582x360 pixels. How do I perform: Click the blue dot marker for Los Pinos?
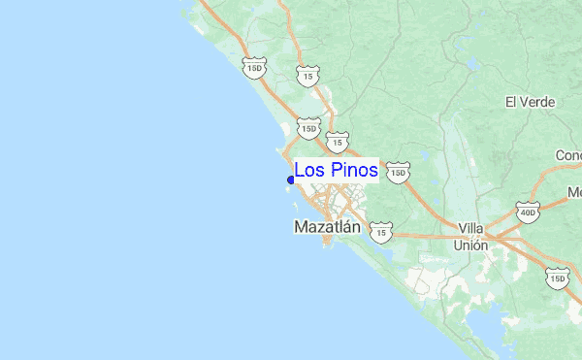(291, 179)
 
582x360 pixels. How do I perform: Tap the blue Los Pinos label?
(336, 171)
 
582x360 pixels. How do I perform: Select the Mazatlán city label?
(327, 227)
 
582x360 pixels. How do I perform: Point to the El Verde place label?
(530, 102)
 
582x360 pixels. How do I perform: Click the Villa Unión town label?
(471, 237)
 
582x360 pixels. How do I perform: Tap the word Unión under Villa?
(471, 245)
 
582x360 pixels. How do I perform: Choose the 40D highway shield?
(528, 212)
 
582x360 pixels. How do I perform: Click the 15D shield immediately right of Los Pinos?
(397, 173)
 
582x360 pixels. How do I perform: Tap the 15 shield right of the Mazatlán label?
(383, 233)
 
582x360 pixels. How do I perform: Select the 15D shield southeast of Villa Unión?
(558, 278)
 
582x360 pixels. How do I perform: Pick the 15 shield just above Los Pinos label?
(337, 142)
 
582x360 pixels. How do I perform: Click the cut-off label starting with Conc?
(567, 155)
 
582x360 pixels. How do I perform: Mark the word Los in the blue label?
(309, 171)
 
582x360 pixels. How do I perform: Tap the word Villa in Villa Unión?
(471, 228)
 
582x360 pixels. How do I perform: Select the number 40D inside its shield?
(528, 212)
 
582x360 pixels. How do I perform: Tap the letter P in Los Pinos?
(331, 171)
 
